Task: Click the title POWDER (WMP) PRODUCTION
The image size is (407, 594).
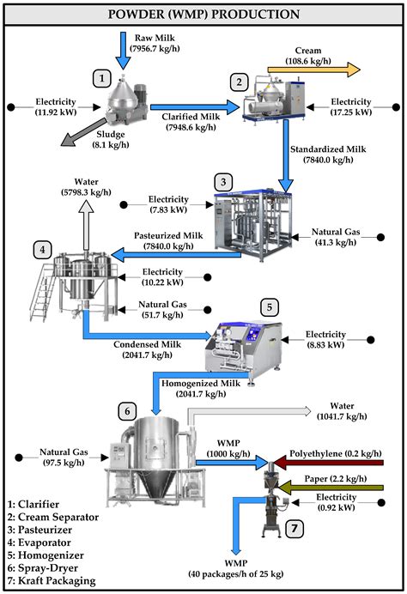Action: [x=203, y=14]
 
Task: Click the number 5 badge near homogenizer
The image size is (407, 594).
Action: [x=269, y=306]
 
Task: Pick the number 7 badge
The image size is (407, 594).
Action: [x=293, y=528]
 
